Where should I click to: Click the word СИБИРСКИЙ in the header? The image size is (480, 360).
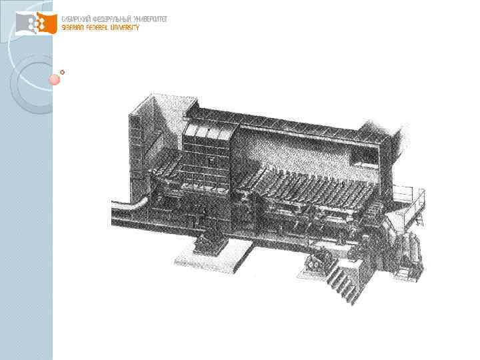click(76, 19)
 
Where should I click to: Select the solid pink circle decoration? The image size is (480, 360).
click(55, 80)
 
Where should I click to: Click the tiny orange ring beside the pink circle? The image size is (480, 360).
click(62, 72)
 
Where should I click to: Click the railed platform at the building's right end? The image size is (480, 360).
click(408, 197)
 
